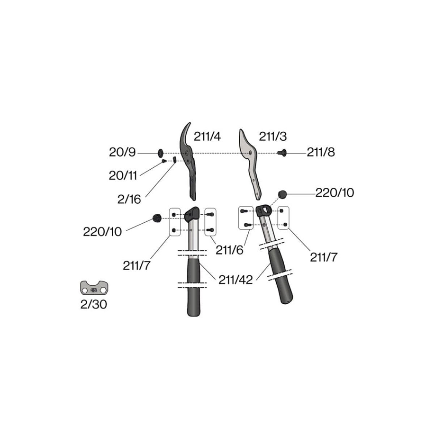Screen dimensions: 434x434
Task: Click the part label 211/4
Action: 207,137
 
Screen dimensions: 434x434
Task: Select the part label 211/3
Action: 273,136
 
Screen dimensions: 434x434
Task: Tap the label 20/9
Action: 122,153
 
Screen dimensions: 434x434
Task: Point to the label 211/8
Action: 321,153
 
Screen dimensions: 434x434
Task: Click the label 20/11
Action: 123,176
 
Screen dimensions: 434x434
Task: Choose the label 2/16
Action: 129,199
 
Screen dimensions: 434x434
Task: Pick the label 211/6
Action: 230,250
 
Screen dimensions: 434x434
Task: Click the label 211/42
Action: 235,280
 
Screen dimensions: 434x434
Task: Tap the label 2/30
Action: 94,305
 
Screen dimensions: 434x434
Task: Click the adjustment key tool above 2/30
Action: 94,288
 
